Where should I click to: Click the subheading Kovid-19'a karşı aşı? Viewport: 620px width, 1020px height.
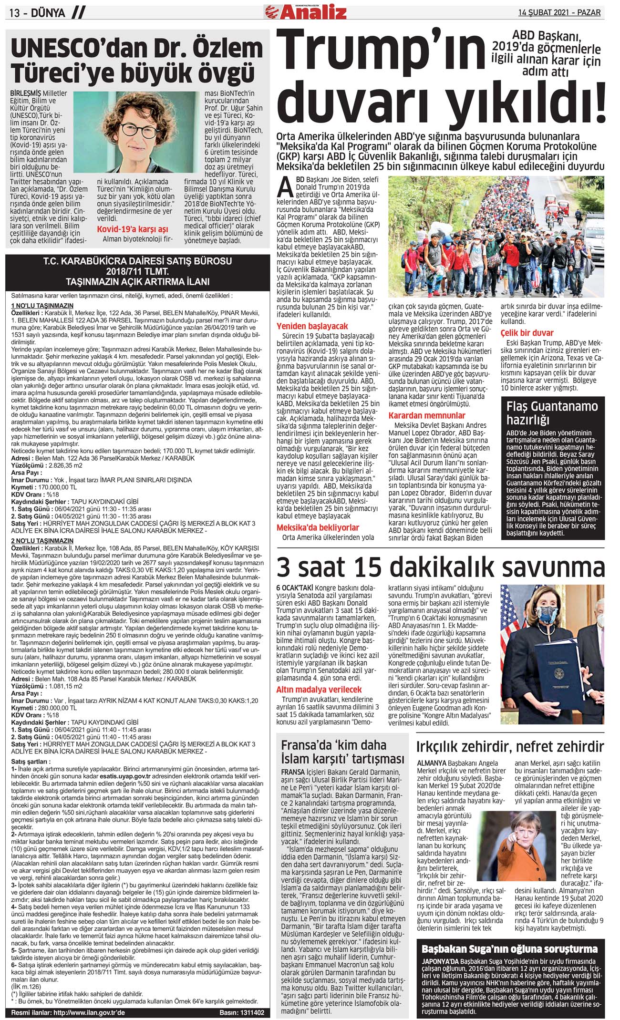point(133,229)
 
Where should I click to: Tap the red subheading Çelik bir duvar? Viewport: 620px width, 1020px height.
point(527,332)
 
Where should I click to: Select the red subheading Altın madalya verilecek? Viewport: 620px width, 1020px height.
point(319,690)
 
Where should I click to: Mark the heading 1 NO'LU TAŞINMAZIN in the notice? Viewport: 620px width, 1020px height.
point(42,305)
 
